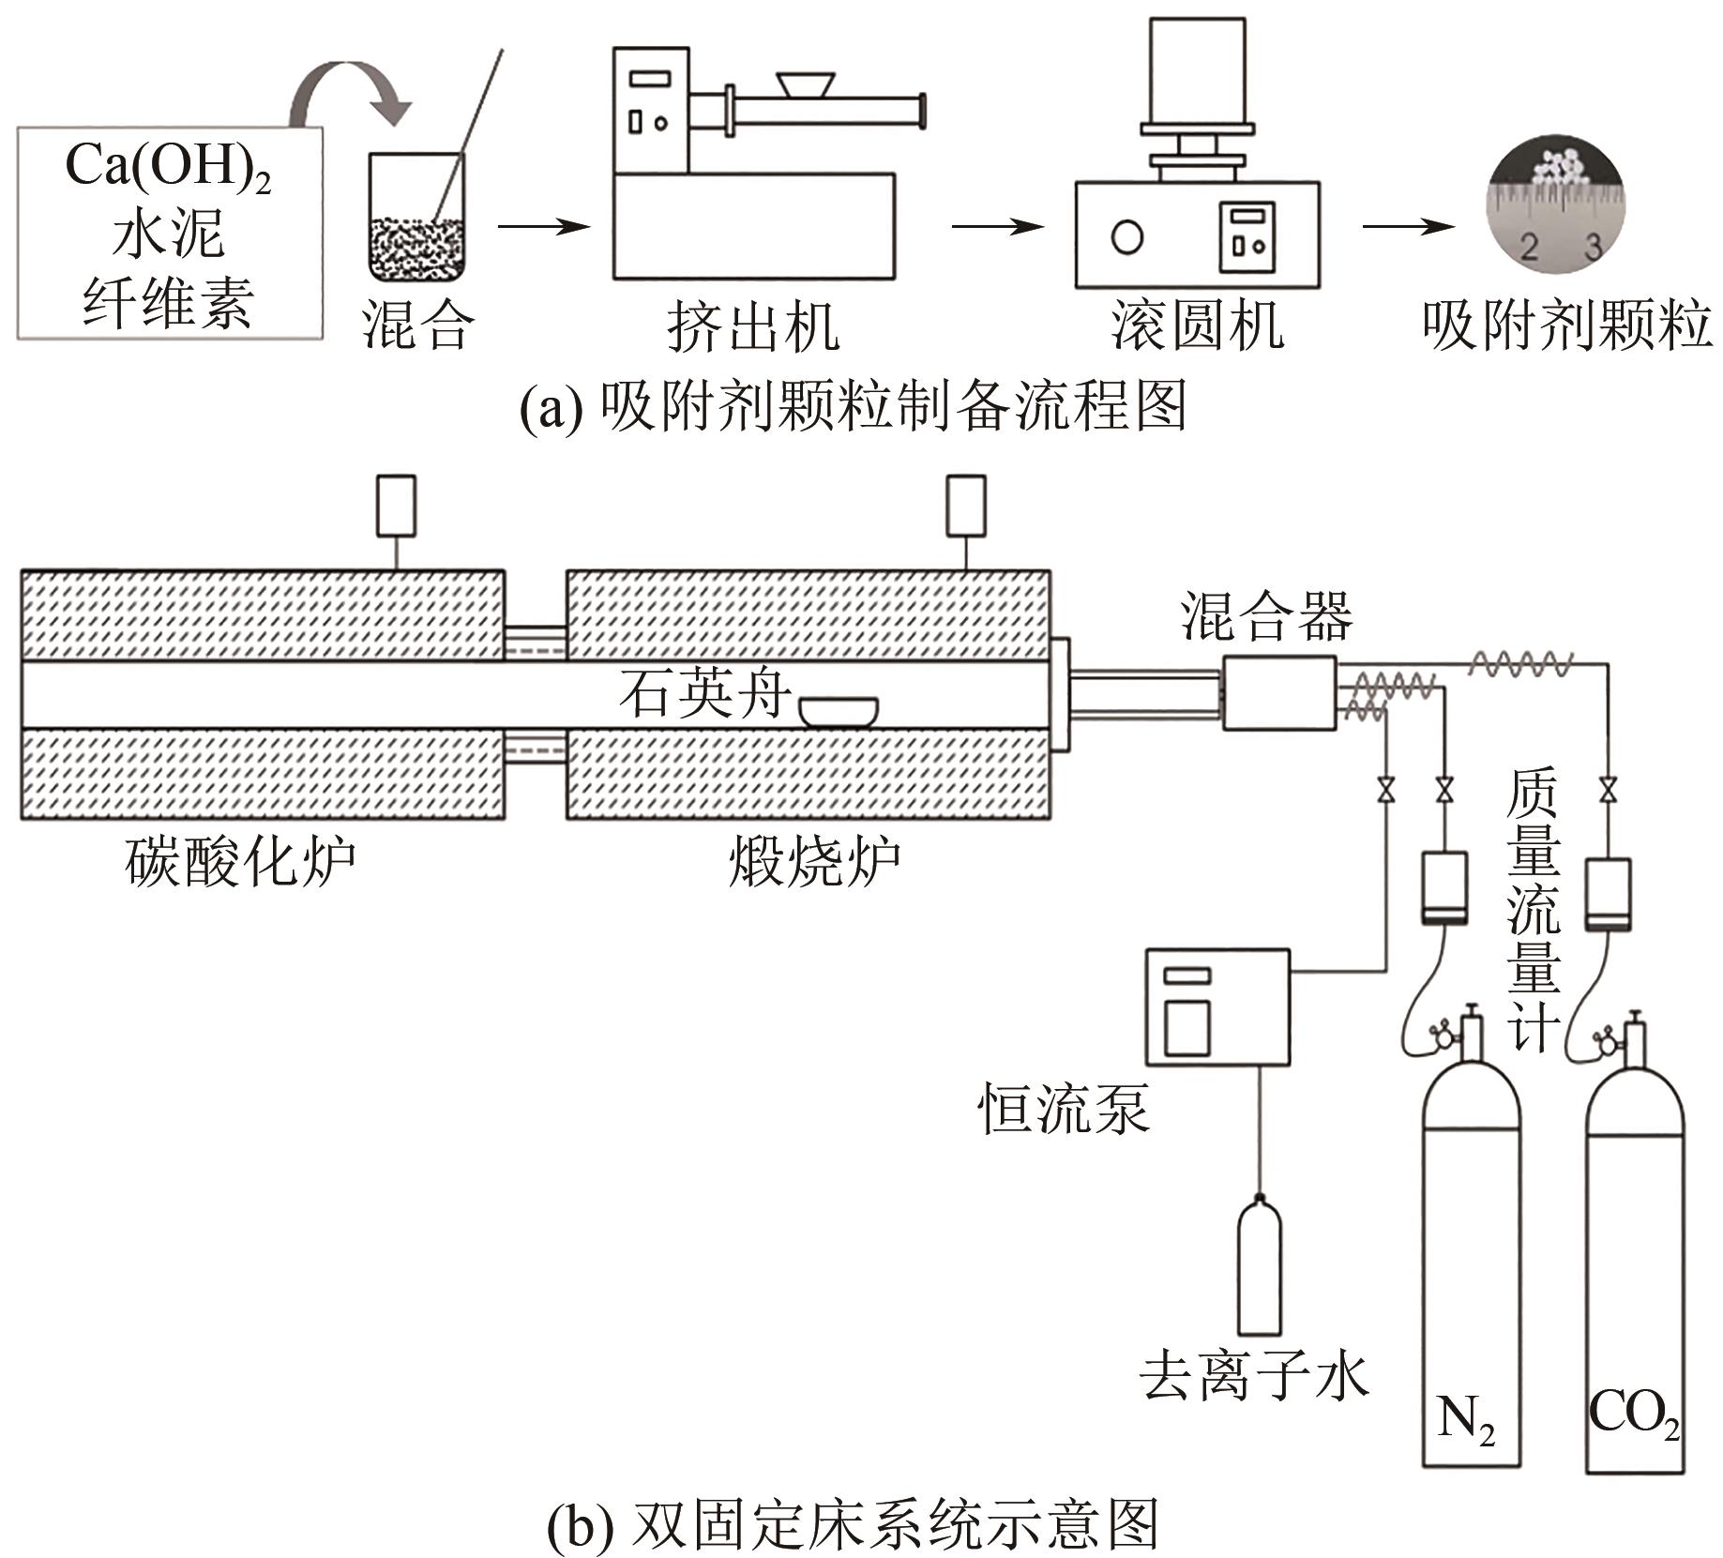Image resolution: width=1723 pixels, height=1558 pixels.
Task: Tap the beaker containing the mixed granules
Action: (x=416, y=220)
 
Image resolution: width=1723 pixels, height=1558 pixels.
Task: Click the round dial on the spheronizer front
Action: (x=1126, y=236)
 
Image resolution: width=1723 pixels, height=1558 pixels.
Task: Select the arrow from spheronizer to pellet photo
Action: (x=1408, y=226)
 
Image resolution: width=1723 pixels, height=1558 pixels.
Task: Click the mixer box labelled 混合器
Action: (x=1278, y=692)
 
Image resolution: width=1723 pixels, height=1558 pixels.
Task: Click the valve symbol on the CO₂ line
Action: (x=1609, y=790)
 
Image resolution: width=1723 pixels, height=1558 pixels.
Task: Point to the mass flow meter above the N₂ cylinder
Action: (x=1444, y=887)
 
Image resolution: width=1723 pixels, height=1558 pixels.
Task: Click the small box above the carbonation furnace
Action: (x=396, y=506)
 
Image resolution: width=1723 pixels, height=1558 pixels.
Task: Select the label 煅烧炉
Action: (x=814, y=862)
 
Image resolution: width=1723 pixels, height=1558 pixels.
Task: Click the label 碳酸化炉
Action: (x=241, y=862)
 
